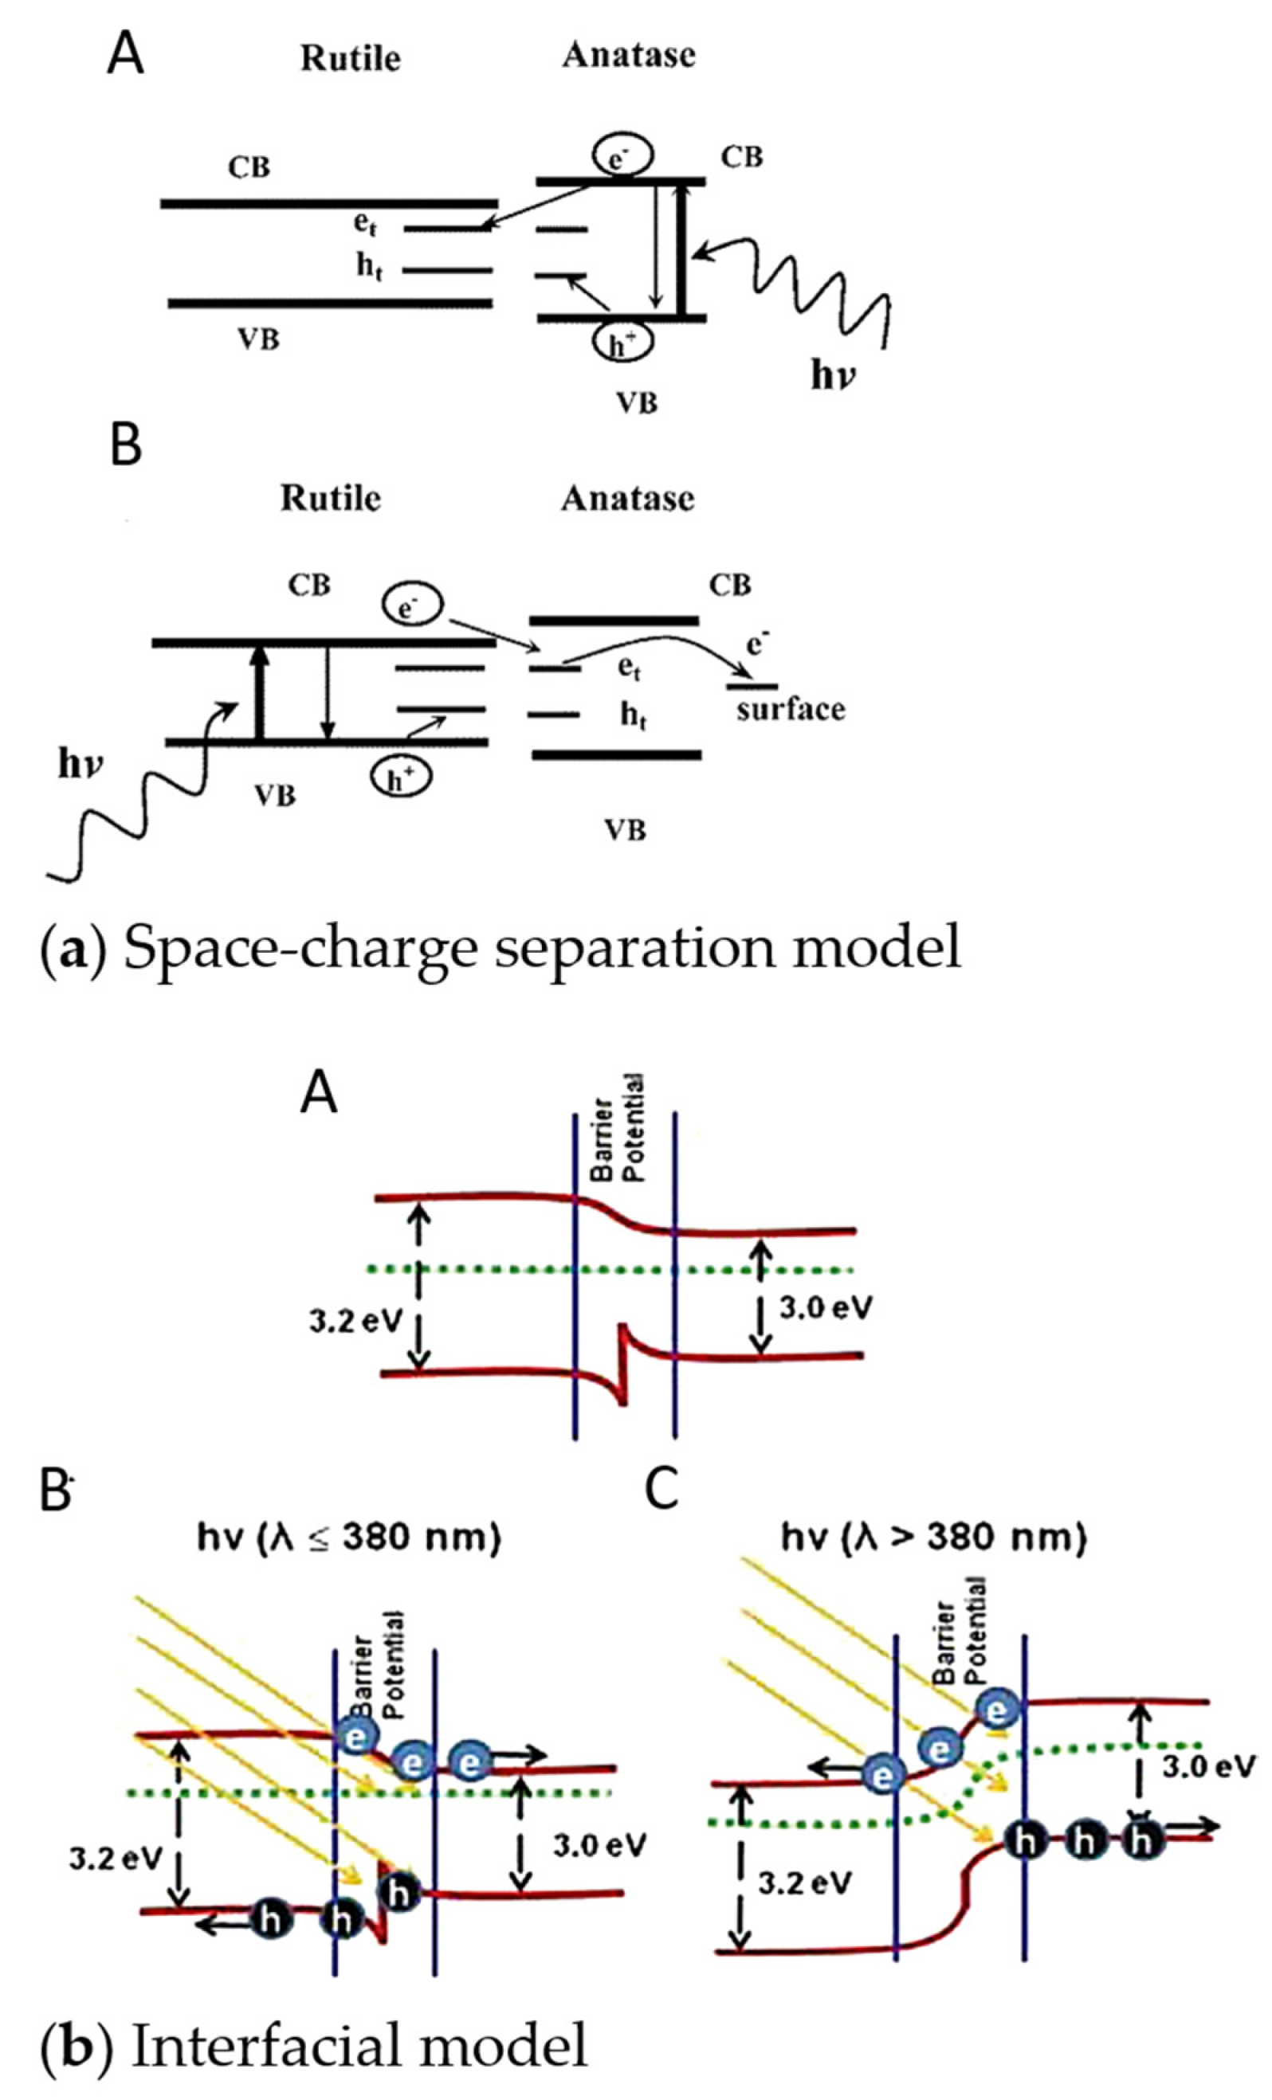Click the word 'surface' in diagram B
coord(791,709)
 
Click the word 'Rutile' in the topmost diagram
coord(351,58)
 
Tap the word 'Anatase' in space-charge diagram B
coord(627,498)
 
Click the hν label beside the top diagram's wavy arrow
coord(833,374)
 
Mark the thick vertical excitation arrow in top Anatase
coord(681,251)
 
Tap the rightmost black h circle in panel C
coord(1142,1840)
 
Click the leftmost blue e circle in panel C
coord(882,1774)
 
